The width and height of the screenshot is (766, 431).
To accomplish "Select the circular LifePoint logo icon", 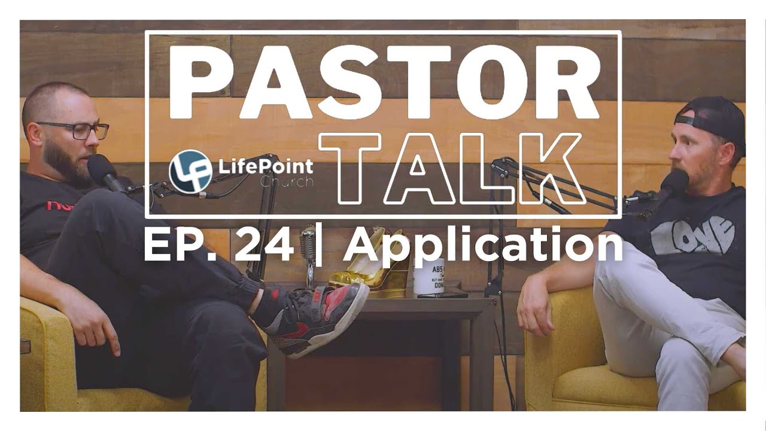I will [x=190, y=170].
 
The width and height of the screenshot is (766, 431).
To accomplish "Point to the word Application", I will [x=482, y=247].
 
